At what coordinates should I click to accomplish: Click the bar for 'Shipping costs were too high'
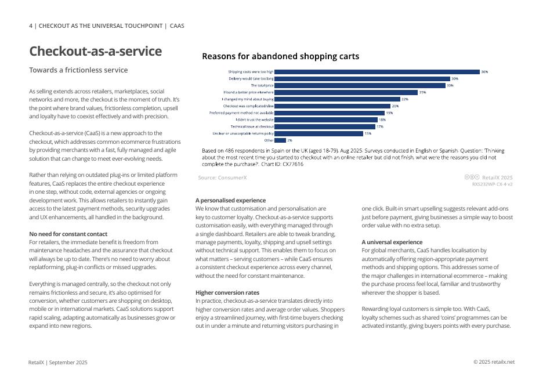tap(377, 72)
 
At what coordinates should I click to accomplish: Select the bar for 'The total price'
tap(360, 85)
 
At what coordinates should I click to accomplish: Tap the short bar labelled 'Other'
tap(280, 140)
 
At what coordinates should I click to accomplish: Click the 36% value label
tap(484, 72)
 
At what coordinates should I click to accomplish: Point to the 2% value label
tap(289, 140)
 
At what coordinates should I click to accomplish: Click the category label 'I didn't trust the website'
tap(254, 119)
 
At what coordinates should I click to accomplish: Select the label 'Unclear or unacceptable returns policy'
tap(243, 133)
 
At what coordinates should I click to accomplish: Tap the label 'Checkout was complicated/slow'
tap(248, 106)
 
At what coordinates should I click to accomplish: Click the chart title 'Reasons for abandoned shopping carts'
tap(280, 56)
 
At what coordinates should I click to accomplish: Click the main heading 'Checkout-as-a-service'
tap(96, 51)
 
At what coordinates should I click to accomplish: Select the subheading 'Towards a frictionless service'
tap(78, 70)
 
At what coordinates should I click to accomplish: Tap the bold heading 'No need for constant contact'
tap(68, 234)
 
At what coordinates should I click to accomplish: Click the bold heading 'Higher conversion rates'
tap(227, 293)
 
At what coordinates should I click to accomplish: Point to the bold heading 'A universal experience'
tap(392, 242)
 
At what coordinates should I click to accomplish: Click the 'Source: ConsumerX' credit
tap(222, 177)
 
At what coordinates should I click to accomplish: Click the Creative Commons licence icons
tap(472, 177)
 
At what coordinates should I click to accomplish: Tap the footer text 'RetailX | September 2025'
tap(58, 363)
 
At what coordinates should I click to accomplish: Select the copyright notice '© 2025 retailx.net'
tap(494, 362)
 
